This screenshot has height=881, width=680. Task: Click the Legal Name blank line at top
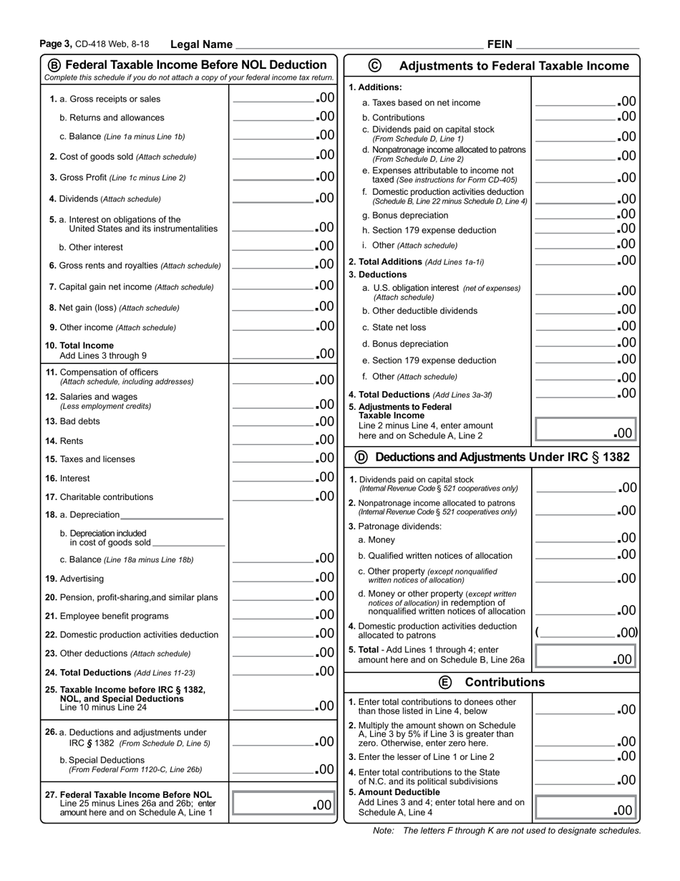(358, 45)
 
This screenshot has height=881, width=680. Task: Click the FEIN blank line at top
(576, 45)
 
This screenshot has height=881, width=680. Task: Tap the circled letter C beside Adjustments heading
(374, 65)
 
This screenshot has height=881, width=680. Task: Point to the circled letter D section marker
(361, 457)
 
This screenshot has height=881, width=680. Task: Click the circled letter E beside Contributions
(445, 682)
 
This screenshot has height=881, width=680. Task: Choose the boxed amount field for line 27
(283, 804)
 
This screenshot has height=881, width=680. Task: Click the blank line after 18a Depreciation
(172, 515)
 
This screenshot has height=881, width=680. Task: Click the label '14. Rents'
(66, 441)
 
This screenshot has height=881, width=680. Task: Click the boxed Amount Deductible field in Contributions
(586, 809)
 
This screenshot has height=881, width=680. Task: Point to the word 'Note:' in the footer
(384, 831)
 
